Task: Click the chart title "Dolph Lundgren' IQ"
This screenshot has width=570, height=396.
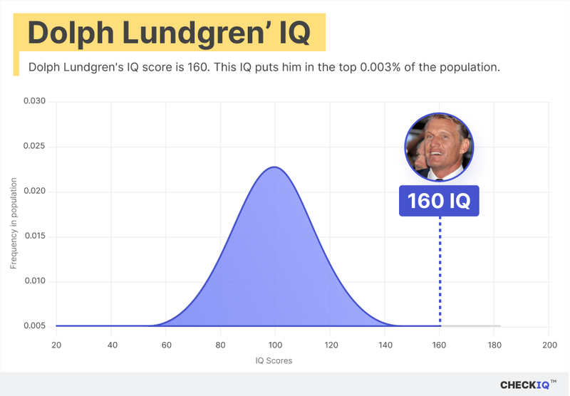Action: pyautogui.click(x=169, y=34)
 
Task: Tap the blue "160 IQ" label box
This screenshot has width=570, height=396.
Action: pyautogui.click(x=440, y=201)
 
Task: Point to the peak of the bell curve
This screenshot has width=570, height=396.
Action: pyautogui.click(x=274, y=167)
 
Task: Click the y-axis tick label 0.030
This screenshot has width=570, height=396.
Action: pyautogui.click(x=35, y=102)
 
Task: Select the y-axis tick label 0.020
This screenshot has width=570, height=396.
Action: pyautogui.click(x=35, y=192)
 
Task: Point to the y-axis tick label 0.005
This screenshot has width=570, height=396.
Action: pyautogui.click(x=35, y=326)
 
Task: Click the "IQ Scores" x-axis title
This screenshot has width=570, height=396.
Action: pyautogui.click(x=274, y=360)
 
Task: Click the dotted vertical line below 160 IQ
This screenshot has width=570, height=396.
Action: pyautogui.click(x=440, y=271)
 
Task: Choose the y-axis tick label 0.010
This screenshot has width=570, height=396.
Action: pyautogui.click(x=35, y=281)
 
